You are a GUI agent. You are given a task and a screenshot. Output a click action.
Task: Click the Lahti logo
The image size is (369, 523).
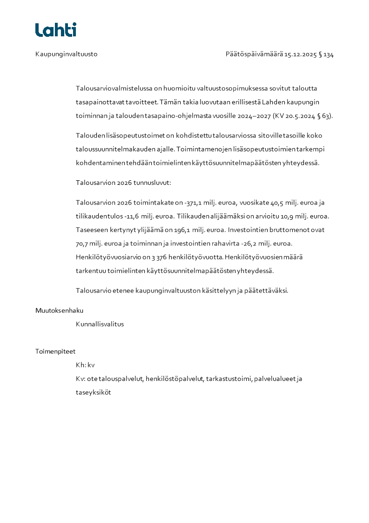(x=56, y=30)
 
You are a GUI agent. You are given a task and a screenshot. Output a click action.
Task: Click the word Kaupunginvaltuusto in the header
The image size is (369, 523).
(x=66, y=54)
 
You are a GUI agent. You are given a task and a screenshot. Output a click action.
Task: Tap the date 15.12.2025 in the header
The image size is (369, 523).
(x=301, y=54)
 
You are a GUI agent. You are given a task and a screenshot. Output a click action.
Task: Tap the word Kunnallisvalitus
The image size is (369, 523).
(x=100, y=324)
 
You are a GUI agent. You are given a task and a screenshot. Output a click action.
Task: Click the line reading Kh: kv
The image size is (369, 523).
(x=85, y=365)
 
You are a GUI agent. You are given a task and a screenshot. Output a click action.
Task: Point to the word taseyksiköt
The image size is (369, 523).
(x=93, y=392)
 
